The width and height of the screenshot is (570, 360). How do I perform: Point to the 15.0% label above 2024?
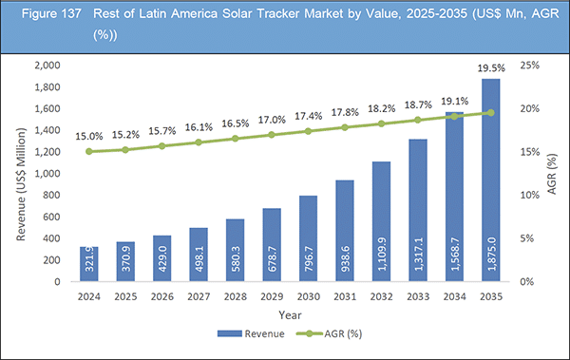pyautogui.click(x=90, y=136)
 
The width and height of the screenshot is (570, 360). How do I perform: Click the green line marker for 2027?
pyautogui.click(x=199, y=142)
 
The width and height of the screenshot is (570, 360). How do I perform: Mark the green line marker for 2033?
pyautogui.click(x=417, y=120)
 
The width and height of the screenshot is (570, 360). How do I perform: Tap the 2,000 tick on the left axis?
pyautogui.click(x=48, y=65)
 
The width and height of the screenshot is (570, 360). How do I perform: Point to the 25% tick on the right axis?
pyautogui.click(x=530, y=65)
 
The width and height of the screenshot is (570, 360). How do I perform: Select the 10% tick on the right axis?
pyautogui.click(x=530, y=195)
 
